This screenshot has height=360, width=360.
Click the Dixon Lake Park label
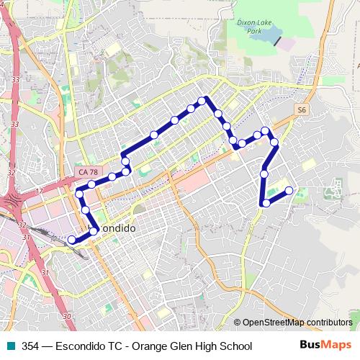pyautogui.click(x=248, y=27)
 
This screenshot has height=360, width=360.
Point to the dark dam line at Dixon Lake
pyautogui.click(x=277, y=40)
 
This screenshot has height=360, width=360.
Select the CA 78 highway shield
pyautogui.click(x=88, y=172)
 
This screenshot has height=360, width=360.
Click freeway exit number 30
pyautogui.click(x=66, y=316)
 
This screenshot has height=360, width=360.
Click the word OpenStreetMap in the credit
pyautogui.click(x=274, y=323)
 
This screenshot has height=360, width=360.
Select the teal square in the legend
pyautogui.click(x=11, y=346)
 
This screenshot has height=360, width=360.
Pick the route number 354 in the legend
pyautogui.click(x=30, y=346)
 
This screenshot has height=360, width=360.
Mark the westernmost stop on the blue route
pyautogui.click(x=71, y=240)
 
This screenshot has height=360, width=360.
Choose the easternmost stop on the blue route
pyautogui.click(x=289, y=191)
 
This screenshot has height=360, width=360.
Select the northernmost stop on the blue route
pyautogui.click(x=203, y=100)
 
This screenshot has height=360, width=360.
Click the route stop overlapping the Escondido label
pyautogui.click(x=94, y=231)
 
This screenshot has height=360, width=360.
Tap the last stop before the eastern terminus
pyautogui.click(x=266, y=203)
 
